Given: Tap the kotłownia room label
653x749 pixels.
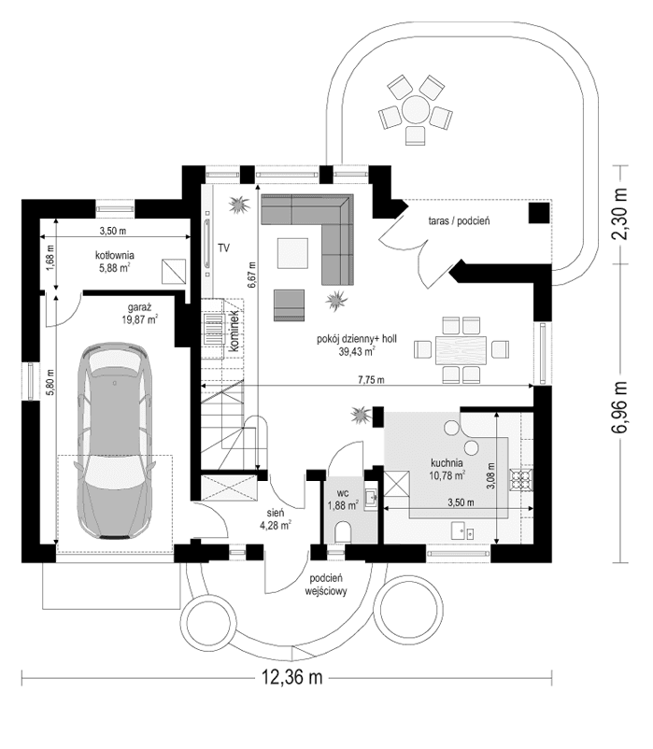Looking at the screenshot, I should tap(115, 261).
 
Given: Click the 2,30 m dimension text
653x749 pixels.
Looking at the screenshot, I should tap(618, 215).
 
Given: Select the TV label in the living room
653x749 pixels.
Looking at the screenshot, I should tap(223, 247).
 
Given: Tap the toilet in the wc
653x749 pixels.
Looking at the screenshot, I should tap(342, 532).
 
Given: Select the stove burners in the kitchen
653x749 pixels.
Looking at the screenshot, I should tap(518, 480).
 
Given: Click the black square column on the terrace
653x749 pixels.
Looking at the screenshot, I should tap(539, 213).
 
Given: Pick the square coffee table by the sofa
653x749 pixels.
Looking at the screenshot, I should tap(294, 251).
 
